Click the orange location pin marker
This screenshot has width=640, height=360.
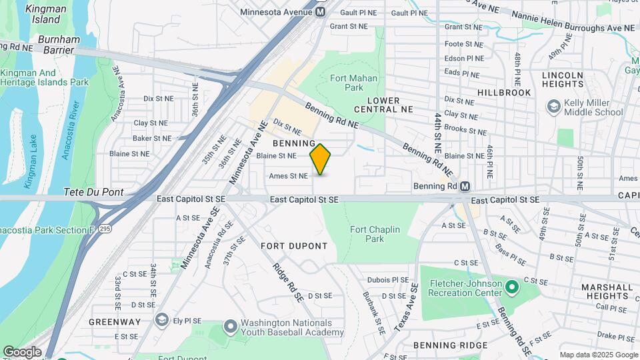pos(320,159)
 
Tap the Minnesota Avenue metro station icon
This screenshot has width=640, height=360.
pos(321,12)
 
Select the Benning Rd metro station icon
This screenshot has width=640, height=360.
pos(465,186)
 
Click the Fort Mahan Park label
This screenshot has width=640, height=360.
pos(347,83)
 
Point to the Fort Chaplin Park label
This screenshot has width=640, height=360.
pos(375,234)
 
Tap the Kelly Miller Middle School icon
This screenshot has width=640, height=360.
pos(553,107)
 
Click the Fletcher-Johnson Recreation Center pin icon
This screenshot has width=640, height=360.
pos(511,287)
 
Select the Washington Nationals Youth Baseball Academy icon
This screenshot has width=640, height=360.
pos(230,327)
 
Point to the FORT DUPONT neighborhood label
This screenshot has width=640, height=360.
pos(294,246)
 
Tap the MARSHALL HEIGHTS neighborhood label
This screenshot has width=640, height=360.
pos(606,292)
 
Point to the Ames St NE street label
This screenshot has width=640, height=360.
pos(288,177)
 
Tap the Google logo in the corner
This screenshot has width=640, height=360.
pos(21,352)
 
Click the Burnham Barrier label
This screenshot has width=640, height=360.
pos(59,45)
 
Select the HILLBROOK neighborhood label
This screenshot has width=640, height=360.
pos(504,93)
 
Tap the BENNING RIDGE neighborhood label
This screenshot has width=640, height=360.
pos(450,345)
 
